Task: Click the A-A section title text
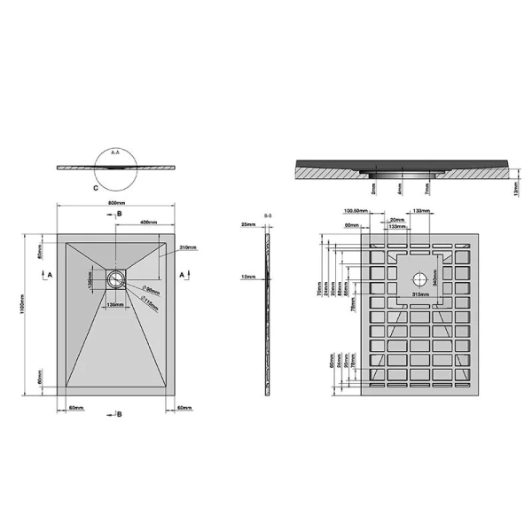(x=115, y=153)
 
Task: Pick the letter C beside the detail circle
(x=94, y=188)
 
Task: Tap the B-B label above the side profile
(x=267, y=215)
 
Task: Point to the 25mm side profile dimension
(x=247, y=225)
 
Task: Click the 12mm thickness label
(x=248, y=278)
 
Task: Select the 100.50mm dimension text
(x=356, y=211)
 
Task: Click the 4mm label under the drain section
(x=401, y=189)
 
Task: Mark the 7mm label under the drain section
(x=426, y=189)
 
